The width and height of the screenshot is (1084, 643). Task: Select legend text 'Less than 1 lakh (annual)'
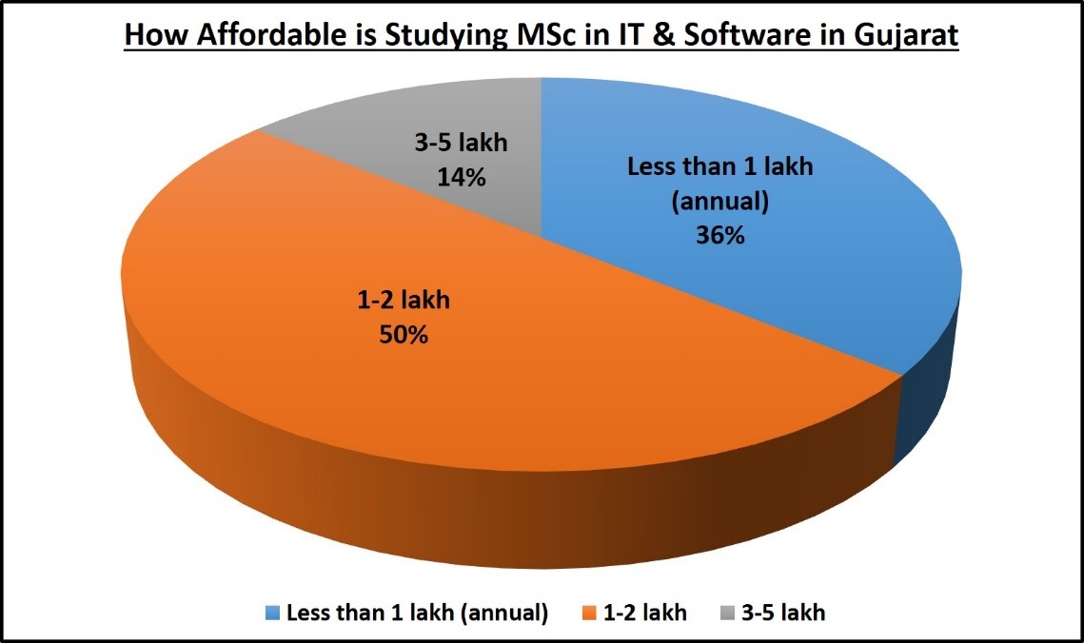pos(417,614)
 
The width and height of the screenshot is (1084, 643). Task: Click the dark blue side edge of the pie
pos(923,409)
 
